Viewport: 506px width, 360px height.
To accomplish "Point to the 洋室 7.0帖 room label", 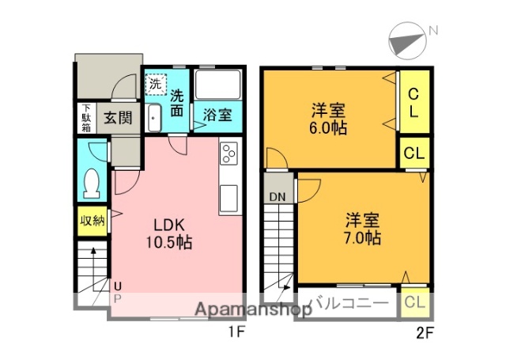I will click(x=362, y=228).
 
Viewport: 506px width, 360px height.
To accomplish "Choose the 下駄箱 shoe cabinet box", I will click(x=85, y=118).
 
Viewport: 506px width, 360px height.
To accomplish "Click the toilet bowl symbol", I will click(x=91, y=184).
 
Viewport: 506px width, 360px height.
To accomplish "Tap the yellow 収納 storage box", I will click(x=91, y=221).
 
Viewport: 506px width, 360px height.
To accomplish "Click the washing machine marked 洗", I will click(x=156, y=82).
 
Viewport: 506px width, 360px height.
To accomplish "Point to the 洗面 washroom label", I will click(x=178, y=103).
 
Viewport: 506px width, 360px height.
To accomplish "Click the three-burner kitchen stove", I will click(x=228, y=153).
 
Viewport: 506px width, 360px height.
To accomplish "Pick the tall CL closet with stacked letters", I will click(x=413, y=103).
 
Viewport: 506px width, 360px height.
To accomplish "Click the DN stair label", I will click(x=277, y=197).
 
